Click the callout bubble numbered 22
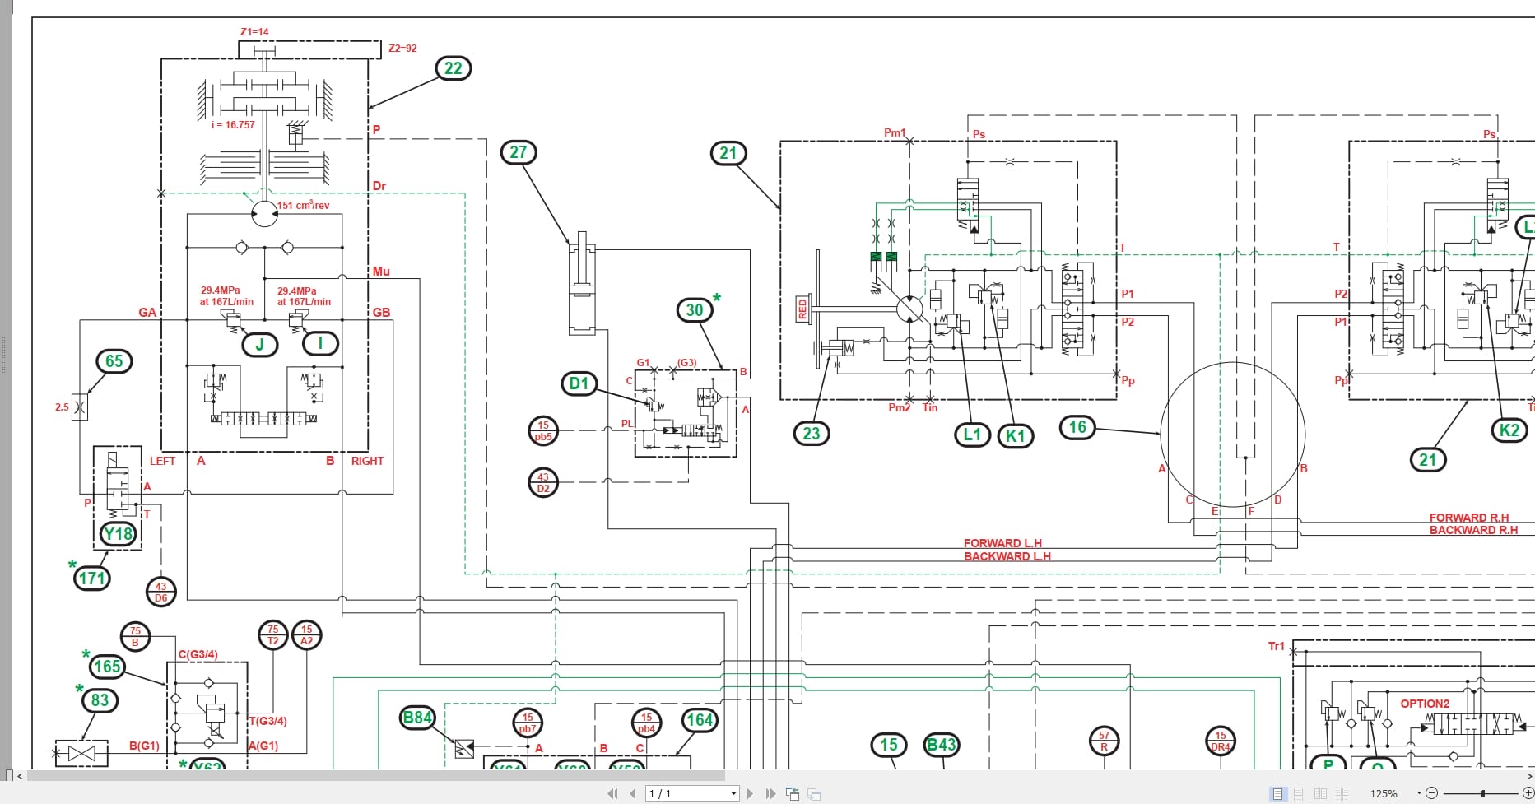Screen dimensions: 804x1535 point(453,68)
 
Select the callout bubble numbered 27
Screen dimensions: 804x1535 point(518,152)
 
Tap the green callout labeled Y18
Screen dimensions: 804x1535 point(118,534)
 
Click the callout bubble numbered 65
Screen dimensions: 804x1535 point(114,361)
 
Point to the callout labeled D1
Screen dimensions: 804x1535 point(579,383)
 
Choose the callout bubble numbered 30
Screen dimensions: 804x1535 point(695,310)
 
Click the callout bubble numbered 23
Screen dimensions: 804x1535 point(811,434)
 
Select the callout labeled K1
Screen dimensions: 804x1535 point(1015,436)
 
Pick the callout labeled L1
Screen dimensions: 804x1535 point(972,435)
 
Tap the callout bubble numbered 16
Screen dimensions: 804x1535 point(1077,427)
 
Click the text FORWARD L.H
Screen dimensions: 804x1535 point(1002,543)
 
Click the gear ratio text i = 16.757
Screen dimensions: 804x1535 point(233,125)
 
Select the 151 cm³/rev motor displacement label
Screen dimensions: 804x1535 point(304,205)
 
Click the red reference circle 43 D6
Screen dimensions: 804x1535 point(160,593)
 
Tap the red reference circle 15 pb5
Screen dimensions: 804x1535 point(542,431)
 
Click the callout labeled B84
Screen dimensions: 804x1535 point(416,718)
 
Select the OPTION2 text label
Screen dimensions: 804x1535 point(1425,704)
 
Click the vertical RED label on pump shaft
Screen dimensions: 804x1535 point(802,309)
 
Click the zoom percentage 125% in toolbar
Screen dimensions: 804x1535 point(1384,793)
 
